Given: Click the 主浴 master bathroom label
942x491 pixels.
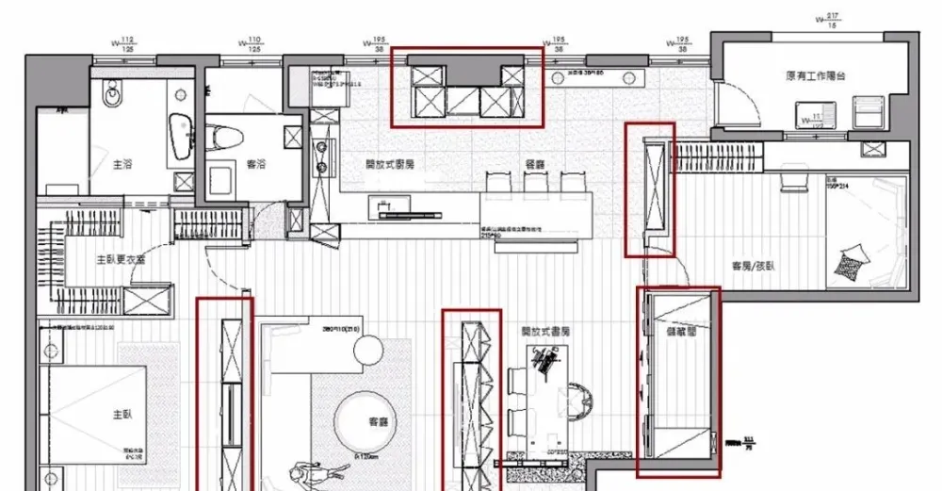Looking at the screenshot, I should click(x=122, y=163).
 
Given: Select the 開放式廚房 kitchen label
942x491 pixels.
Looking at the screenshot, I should click(x=390, y=163).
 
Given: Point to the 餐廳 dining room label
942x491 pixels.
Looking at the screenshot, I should click(x=535, y=163).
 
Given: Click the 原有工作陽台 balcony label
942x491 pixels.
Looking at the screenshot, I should click(x=815, y=75).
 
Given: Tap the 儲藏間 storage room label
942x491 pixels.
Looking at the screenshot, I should click(x=679, y=331).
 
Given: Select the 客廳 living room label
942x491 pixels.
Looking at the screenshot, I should click(x=379, y=422).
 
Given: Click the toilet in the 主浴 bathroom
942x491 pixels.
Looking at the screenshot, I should click(x=114, y=94).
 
